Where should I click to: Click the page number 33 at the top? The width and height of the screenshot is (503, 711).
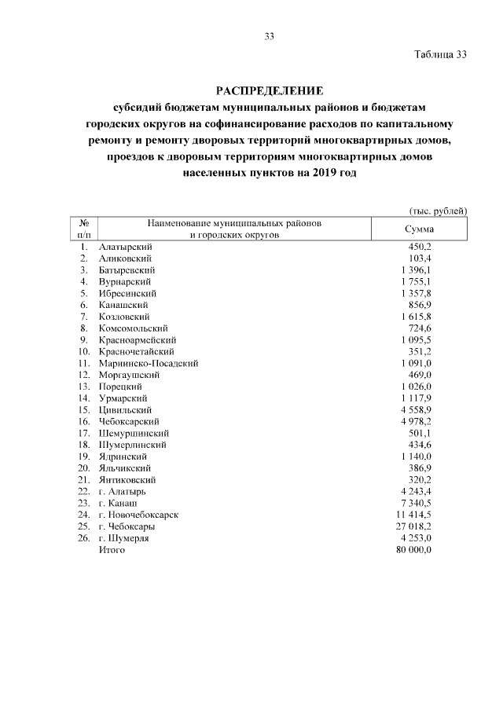[269, 36]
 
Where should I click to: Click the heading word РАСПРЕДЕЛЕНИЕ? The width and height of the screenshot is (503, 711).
[269, 90]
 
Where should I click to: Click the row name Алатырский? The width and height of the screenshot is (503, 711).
[125, 247]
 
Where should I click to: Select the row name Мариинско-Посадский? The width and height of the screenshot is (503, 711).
[148, 363]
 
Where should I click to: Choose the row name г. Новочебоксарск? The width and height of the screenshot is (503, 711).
[138, 515]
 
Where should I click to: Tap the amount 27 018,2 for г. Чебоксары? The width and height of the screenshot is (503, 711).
[413, 526]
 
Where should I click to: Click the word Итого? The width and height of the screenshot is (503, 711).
[112, 550]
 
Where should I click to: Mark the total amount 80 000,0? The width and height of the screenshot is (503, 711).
[413, 550]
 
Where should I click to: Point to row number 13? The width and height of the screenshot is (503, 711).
[84, 387]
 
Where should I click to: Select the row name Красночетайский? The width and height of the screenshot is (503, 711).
[136, 351]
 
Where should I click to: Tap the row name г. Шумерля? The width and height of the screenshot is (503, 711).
[123, 538]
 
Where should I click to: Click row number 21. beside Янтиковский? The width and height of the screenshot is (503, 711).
[84, 479]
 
